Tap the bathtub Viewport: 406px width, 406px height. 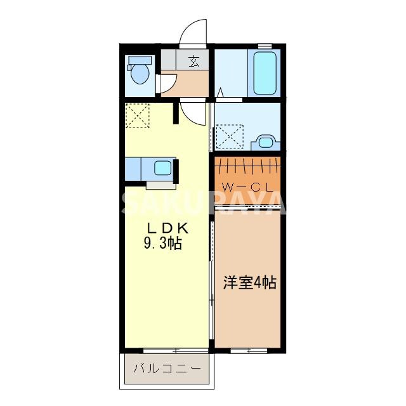pos(265,73)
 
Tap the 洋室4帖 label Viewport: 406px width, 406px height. pos(249,283)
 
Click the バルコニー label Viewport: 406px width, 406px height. pos(166,368)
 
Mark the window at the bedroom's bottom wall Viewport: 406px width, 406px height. pos(249,350)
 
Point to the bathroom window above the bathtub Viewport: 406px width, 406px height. pos(265,45)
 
